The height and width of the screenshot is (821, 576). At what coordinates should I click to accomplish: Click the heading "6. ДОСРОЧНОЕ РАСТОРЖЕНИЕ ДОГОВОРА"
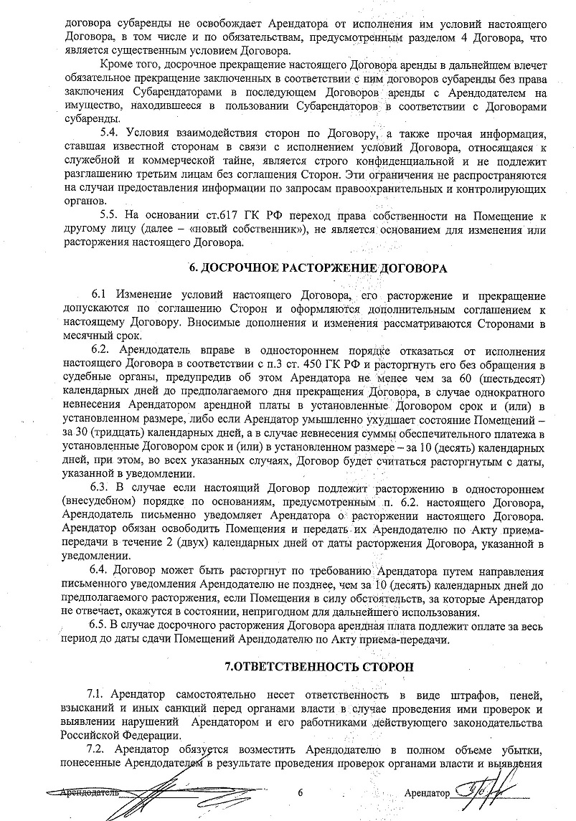317,269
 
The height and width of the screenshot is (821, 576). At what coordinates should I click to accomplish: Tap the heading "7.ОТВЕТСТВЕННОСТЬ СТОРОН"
318,666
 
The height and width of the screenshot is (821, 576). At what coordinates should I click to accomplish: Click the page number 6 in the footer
301,793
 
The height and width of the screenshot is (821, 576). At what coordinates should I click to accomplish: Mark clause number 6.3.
104,488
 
